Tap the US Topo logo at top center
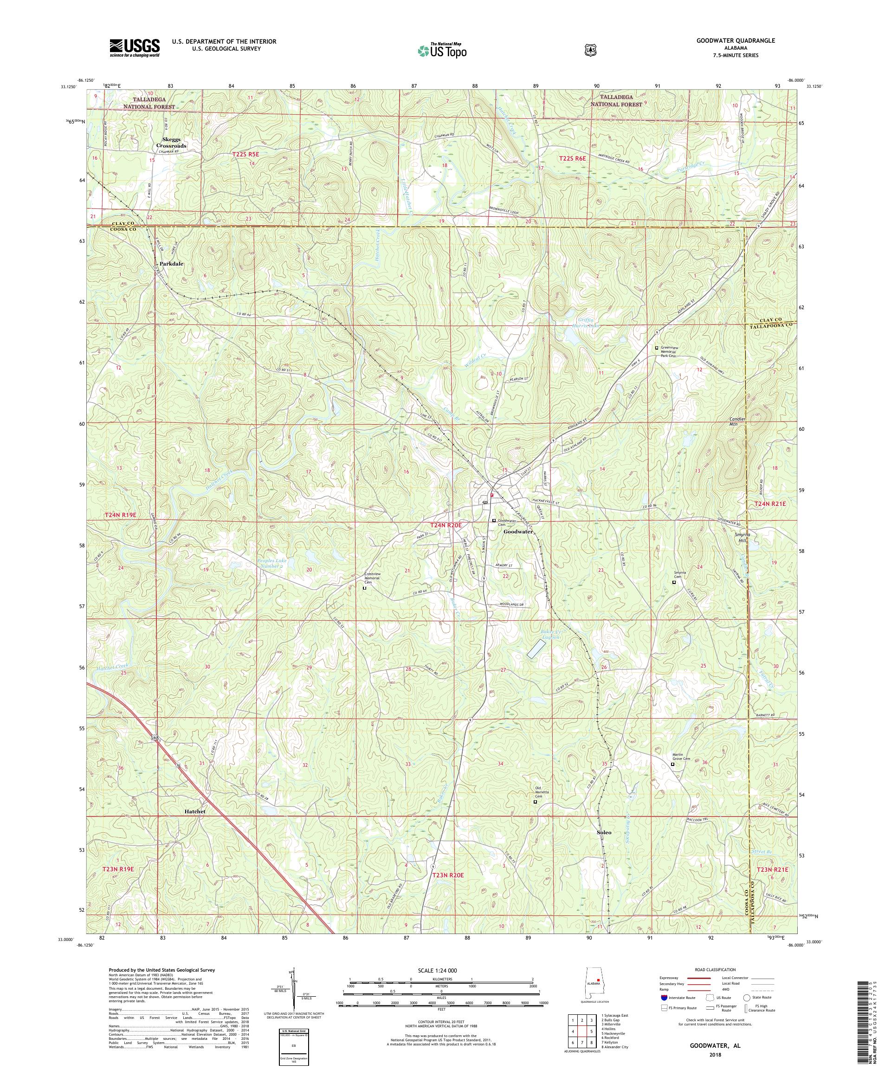(x=441, y=50)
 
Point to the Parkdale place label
(x=171, y=264)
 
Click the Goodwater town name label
(x=518, y=532)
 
